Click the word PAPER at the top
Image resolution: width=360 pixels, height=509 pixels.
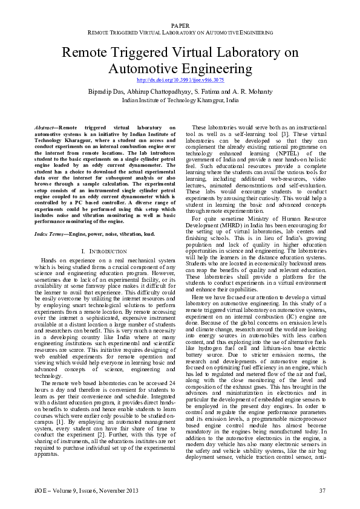coord(180,25)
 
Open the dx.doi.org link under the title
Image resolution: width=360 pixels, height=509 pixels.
coord(180,80)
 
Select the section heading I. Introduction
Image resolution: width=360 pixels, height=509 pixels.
coord(103,234)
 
